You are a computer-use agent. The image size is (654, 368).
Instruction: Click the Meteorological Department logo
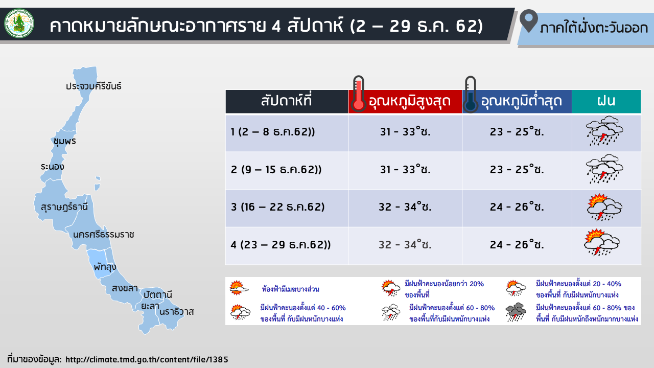19,24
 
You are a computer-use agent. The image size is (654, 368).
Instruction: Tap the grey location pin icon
529,21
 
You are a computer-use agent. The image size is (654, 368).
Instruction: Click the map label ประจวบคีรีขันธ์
94,86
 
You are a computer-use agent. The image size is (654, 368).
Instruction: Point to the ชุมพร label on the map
65,141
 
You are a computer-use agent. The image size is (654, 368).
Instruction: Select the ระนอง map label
52,167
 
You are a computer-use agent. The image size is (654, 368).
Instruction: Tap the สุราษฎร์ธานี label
64,207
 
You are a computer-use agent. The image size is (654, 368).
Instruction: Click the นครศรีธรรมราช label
103,234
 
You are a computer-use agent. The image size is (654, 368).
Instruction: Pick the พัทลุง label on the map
105,267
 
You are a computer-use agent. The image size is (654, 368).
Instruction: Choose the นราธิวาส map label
177,312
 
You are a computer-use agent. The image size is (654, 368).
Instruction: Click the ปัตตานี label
158,294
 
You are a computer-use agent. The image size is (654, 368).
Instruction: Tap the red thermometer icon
359,94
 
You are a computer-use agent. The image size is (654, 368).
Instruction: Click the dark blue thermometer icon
471,94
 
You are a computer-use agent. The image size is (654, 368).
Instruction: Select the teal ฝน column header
606,101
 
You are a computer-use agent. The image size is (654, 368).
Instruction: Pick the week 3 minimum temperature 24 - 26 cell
517,208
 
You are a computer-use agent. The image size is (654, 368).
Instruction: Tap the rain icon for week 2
604,169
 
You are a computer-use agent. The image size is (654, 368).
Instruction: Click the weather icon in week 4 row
602,243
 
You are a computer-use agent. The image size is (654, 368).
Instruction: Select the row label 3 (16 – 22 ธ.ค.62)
277,207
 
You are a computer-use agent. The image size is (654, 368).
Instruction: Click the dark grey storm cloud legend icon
516,312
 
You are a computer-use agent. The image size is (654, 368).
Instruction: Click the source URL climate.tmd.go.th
147,359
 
